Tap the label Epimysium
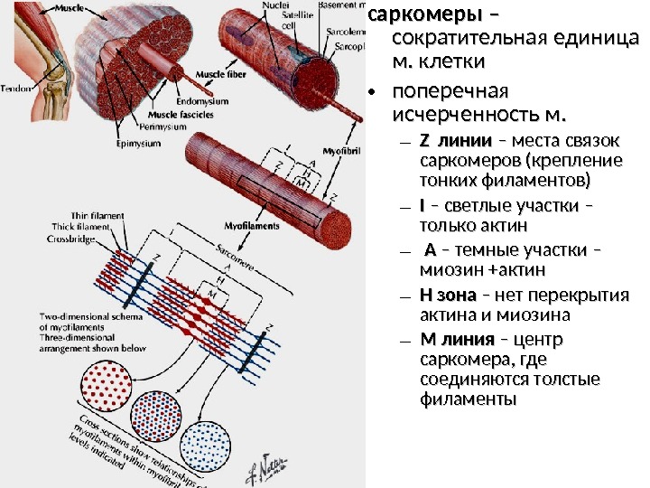point(139,143)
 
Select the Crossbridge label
point(72,239)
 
